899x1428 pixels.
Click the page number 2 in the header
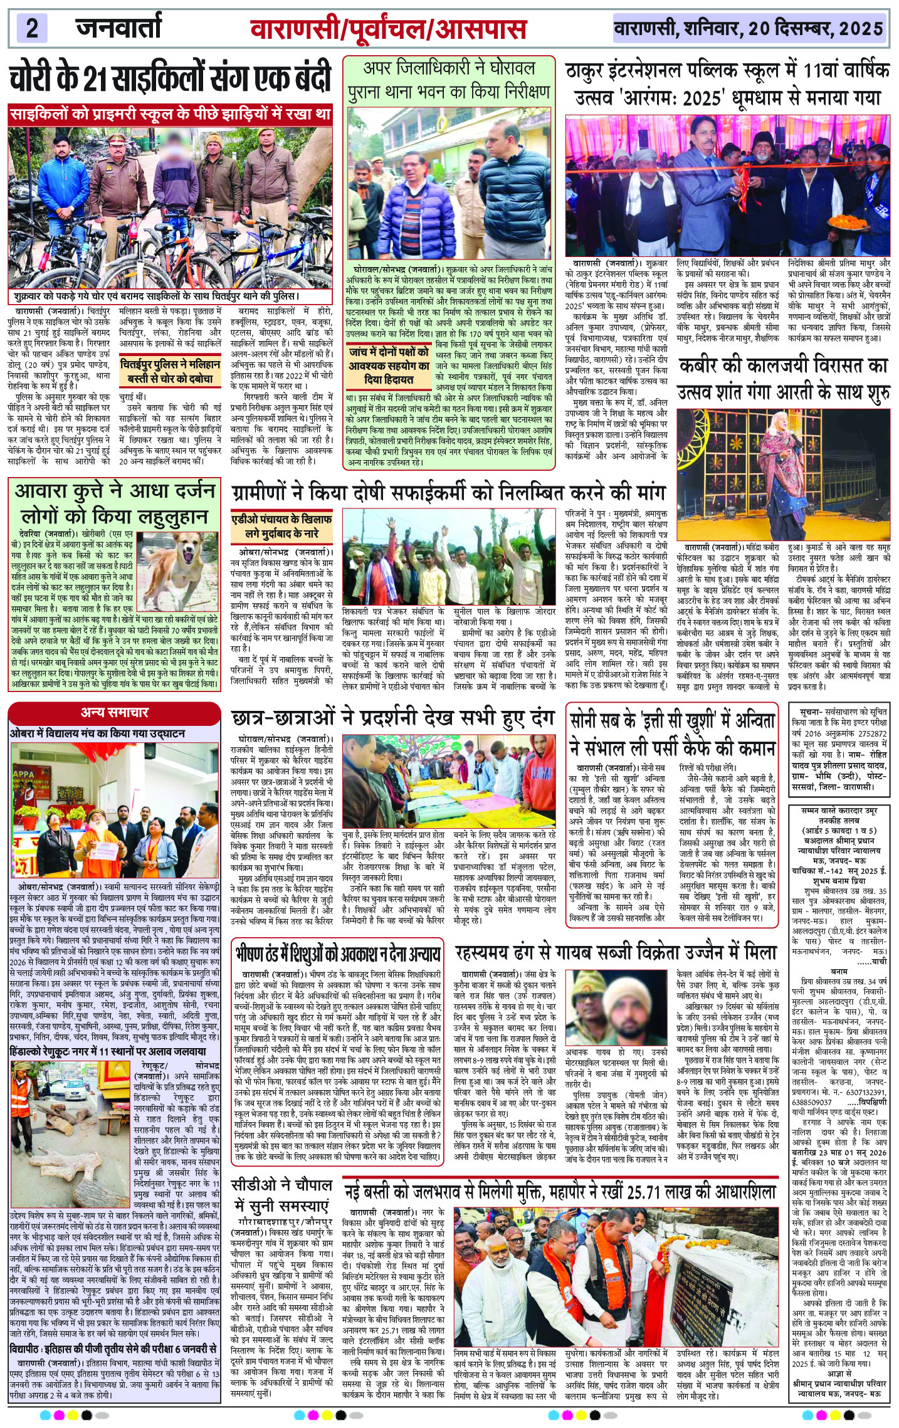[x=33, y=29]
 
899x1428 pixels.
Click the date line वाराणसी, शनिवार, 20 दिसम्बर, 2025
[x=749, y=29]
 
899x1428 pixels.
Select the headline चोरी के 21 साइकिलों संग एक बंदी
[x=170, y=80]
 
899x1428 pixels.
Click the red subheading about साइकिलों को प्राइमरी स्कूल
[x=170, y=115]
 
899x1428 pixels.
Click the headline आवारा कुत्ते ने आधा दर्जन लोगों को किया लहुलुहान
[x=115, y=503]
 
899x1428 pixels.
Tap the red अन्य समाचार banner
[x=115, y=712]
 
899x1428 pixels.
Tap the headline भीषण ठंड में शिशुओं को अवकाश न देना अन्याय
[x=339, y=953]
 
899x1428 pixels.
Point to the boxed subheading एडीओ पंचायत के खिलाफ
[x=281, y=527]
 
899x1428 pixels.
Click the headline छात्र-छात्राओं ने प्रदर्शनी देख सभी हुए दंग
[x=392, y=719]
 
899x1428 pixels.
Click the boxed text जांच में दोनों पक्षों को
[x=389, y=365]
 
